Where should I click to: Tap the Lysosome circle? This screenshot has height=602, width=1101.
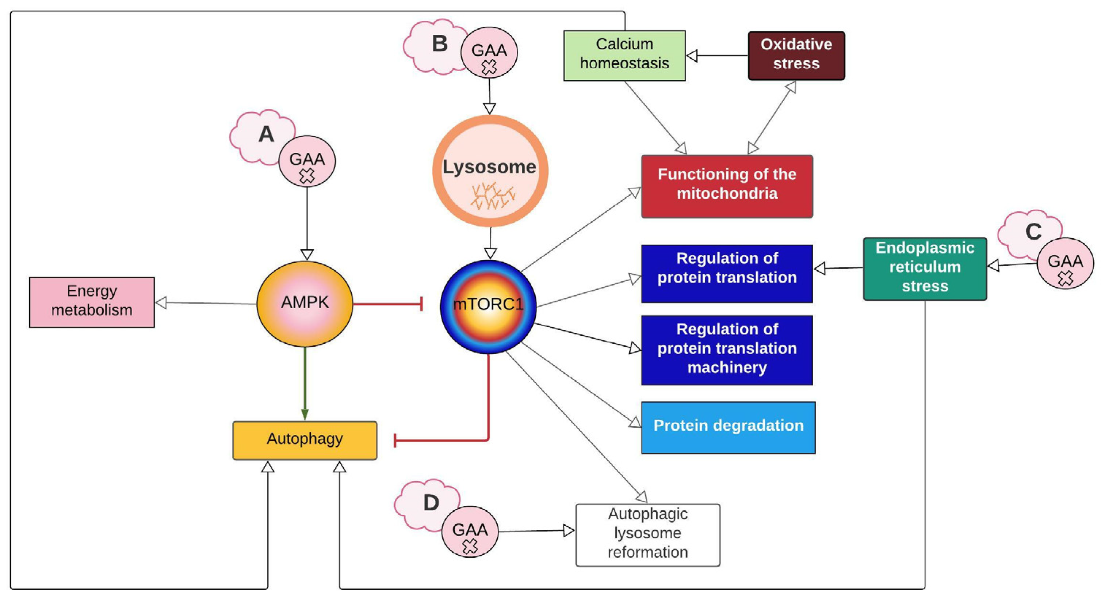click(x=490, y=171)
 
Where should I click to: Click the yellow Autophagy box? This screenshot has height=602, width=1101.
click(x=305, y=440)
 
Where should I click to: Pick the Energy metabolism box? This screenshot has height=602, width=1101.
click(x=92, y=302)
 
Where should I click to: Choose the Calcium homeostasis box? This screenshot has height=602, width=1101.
click(x=624, y=55)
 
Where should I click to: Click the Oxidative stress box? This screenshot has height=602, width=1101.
click(x=796, y=55)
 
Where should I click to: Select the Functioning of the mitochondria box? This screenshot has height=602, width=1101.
click(x=727, y=186)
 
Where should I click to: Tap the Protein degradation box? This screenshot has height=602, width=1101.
click(x=728, y=427)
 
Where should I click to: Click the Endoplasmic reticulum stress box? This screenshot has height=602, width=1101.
click(x=925, y=268)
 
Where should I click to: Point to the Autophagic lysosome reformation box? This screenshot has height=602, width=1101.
click(x=647, y=534)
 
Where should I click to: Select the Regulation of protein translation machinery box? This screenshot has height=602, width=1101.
click(x=727, y=350)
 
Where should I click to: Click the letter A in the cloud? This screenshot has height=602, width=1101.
click(x=266, y=134)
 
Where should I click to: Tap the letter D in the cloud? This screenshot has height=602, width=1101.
click(x=431, y=503)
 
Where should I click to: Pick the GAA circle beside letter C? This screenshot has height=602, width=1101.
click(x=1065, y=263)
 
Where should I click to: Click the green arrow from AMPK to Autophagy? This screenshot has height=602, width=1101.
click(x=305, y=383)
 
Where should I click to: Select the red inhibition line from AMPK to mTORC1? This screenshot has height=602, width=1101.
click(x=387, y=304)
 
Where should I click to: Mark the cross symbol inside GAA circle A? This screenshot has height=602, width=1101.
click(x=307, y=176)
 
